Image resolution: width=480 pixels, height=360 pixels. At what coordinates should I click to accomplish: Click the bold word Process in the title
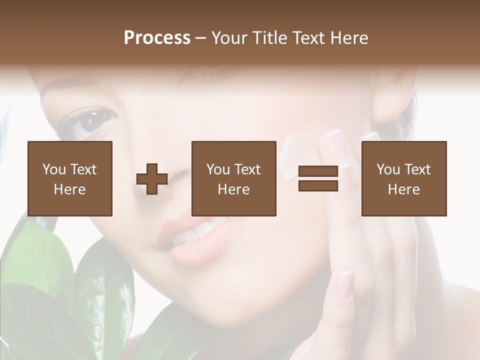point(157,38)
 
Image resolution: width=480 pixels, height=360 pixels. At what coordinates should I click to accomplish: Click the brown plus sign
point(152,179)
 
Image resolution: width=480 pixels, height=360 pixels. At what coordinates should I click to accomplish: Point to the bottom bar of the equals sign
point(318,185)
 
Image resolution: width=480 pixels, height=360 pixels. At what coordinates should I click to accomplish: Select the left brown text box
point(70,178)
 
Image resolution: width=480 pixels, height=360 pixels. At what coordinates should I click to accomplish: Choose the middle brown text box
point(234,178)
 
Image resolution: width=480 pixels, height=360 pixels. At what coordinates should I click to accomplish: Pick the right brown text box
point(404,178)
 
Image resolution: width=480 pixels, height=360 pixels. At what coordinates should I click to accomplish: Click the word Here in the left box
point(69,189)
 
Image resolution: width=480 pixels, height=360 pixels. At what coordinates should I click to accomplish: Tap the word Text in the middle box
point(247,169)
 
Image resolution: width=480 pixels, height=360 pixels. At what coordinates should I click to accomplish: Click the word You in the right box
point(388,169)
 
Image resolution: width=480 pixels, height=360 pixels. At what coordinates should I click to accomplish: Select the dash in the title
point(200,38)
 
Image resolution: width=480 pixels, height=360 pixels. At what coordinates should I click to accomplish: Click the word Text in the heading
point(309,38)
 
